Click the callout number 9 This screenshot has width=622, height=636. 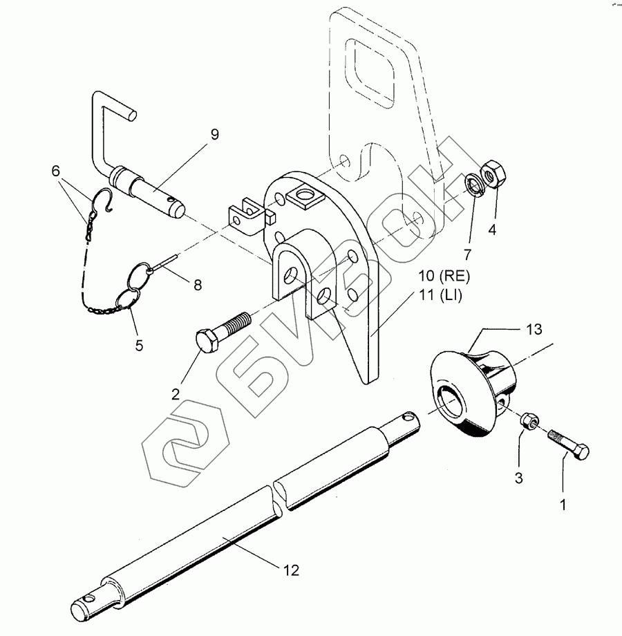click(214, 135)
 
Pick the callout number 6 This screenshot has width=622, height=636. click(56, 171)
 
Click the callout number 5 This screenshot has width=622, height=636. click(139, 345)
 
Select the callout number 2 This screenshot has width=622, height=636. click(176, 395)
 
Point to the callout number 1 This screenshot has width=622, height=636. click(563, 505)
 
